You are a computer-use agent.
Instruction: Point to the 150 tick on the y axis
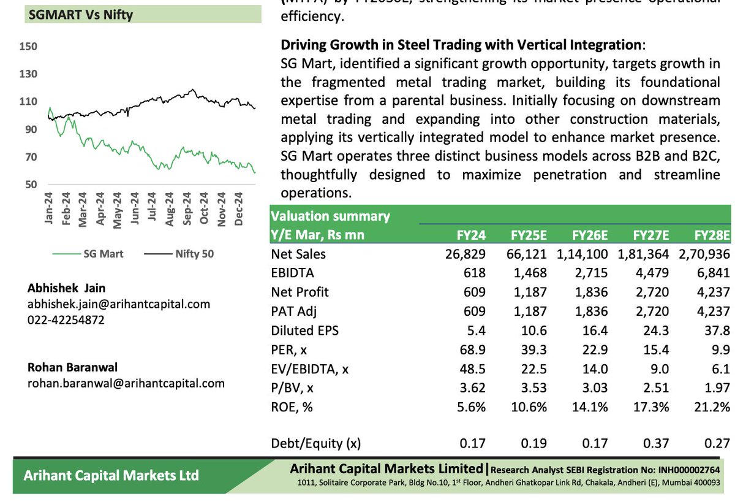coord(28,47)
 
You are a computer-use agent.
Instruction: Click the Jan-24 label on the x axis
coord(49,208)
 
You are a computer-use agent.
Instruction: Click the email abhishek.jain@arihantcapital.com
coord(118,304)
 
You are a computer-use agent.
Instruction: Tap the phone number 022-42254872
coord(66,319)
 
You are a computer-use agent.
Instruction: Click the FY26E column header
coord(590,235)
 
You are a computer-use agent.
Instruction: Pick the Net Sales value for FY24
coord(466,254)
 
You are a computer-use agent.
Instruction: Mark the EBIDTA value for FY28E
coord(713,273)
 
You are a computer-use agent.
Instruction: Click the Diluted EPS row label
coord(304,330)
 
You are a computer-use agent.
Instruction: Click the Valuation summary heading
coord(330,216)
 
